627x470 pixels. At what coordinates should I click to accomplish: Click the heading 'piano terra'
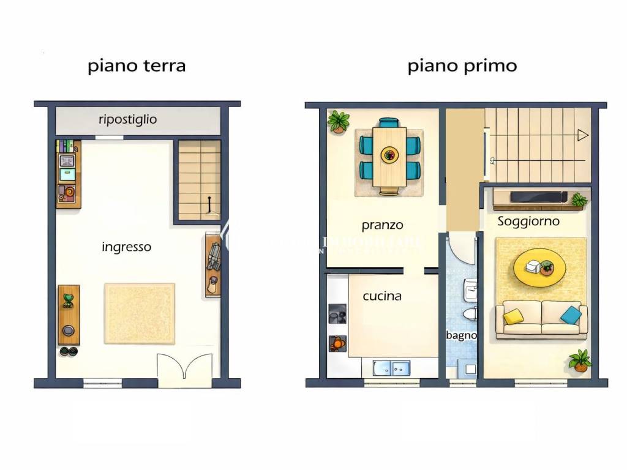(x=136, y=65)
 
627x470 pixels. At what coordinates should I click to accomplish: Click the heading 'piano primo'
(x=462, y=65)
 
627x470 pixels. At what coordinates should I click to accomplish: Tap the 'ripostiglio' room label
(x=127, y=119)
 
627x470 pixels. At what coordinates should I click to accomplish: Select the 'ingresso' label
(x=126, y=247)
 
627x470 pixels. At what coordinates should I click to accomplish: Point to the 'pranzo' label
(x=382, y=225)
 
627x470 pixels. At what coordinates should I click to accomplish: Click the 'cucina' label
(x=382, y=296)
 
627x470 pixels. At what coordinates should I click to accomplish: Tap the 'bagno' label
(x=461, y=335)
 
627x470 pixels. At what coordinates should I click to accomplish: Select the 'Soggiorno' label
(x=528, y=222)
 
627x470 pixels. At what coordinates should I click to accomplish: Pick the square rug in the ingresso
(x=140, y=313)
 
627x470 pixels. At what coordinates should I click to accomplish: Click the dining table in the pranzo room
(x=389, y=156)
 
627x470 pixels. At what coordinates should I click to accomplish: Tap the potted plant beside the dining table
(x=338, y=121)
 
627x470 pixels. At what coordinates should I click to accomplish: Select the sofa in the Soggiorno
(x=541, y=319)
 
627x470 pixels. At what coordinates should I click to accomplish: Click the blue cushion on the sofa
(x=571, y=315)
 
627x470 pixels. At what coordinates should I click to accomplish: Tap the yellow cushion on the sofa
(x=513, y=316)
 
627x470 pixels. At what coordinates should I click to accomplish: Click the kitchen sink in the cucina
(x=391, y=367)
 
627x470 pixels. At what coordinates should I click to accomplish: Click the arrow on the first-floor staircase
(x=582, y=135)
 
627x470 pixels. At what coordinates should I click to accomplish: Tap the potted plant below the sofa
(x=579, y=360)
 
